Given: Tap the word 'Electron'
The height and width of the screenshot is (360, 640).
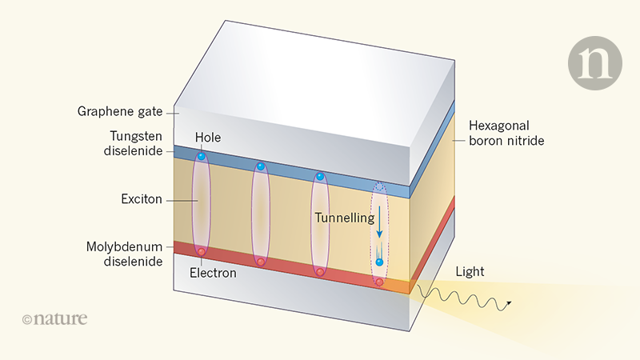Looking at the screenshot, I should (x=213, y=273).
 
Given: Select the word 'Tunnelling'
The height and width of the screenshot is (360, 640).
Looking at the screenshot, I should (x=344, y=218).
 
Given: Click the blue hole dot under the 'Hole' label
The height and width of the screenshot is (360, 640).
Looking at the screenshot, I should (x=202, y=155).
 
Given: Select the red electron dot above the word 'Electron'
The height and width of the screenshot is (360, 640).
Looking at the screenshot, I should (x=202, y=252).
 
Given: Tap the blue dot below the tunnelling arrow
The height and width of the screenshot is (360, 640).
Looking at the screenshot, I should (x=379, y=262).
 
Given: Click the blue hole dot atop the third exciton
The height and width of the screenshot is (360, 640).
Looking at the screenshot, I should (x=319, y=176).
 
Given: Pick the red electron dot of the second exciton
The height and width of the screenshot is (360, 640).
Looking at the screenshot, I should (x=260, y=262).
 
